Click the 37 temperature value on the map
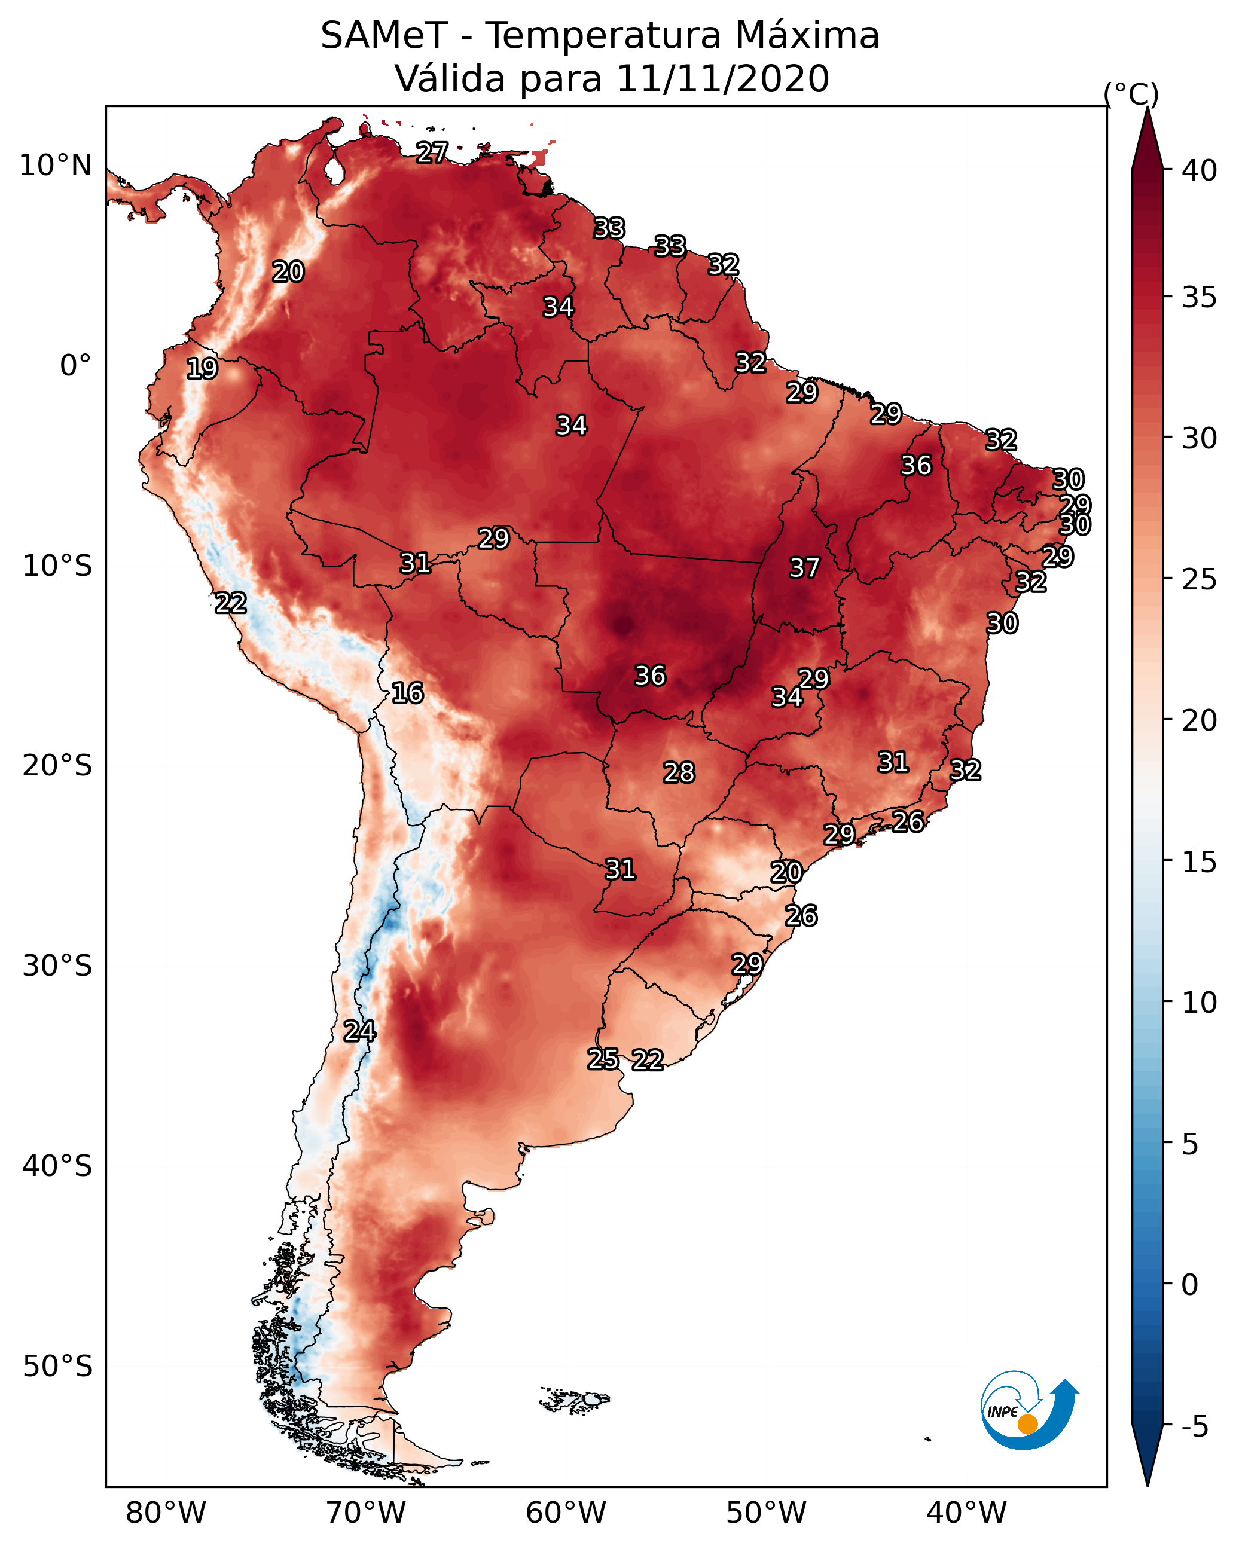click(x=804, y=568)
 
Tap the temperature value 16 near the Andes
click(x=407, y=693)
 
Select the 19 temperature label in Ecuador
click(x=202, y=369)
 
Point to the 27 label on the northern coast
click(x=432, y=152)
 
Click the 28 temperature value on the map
click(x=679, y=772)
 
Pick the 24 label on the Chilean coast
click(x=359, y=1031)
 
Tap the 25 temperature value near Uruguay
click(x=603, y=1058)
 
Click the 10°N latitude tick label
click(x=55, y=166)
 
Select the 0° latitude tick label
click(x=75, y=366)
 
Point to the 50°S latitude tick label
click(x=57, y=1367)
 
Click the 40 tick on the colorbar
click(x=1200, y=170)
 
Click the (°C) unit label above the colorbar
click(x=1131, y=94)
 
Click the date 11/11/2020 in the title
click(x=722, y=79)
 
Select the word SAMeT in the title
click(x=384, y=36)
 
